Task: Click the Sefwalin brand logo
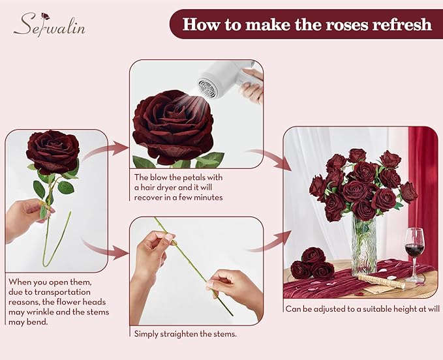[x=50, y=25]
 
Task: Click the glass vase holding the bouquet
[x=363, y=245]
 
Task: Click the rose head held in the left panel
[x=52, y=151]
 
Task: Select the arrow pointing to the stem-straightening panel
[x=104, y=247]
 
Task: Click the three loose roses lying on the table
[x=312, y=263]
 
